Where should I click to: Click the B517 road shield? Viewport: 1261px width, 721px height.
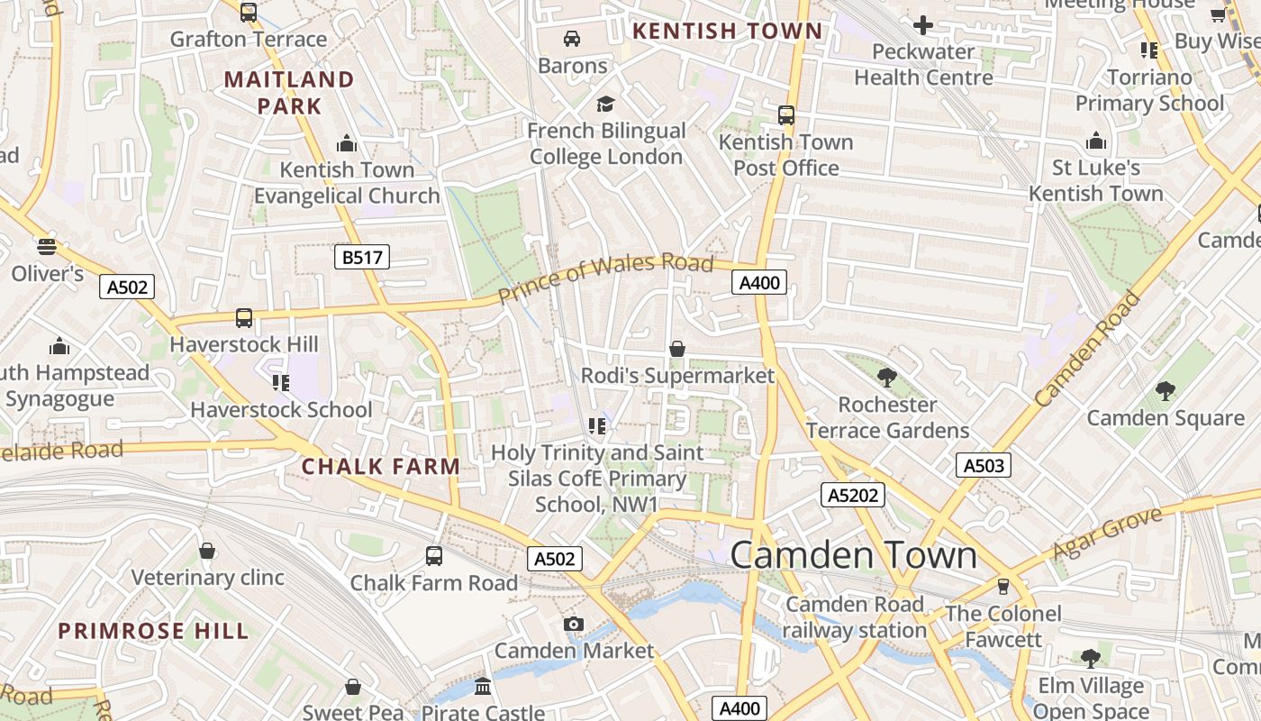[363, 257]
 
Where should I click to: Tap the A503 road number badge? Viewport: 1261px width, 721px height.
[983, 465]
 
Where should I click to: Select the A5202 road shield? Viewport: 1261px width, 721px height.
[853, 494]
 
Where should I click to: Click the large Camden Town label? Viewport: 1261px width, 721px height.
[853, 554]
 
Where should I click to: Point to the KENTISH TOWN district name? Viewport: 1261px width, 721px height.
[727, 32]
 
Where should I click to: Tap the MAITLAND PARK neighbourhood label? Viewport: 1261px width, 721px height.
[289, 93]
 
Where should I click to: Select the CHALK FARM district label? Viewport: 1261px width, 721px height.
[380, 467]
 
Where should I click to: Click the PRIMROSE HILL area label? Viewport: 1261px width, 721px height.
[153, 631]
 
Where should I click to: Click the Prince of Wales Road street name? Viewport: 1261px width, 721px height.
[605, 277]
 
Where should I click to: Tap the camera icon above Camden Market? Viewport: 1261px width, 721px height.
[573, 624]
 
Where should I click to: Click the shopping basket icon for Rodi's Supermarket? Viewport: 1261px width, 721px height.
[677, 349]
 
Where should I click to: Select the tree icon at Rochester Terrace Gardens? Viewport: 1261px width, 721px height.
[887, 378]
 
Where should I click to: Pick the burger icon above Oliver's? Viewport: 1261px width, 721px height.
[47, 246]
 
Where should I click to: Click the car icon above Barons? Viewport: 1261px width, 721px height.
[571, 39]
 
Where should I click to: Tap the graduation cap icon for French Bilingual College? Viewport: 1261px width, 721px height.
[605, 104]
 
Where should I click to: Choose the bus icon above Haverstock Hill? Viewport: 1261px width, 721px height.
[244, 317]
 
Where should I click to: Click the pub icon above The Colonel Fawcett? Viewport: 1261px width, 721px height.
[1002, 587]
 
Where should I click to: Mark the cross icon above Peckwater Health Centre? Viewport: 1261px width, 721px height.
[923, 25]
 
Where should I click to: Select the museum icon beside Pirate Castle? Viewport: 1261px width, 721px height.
[483, 687]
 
